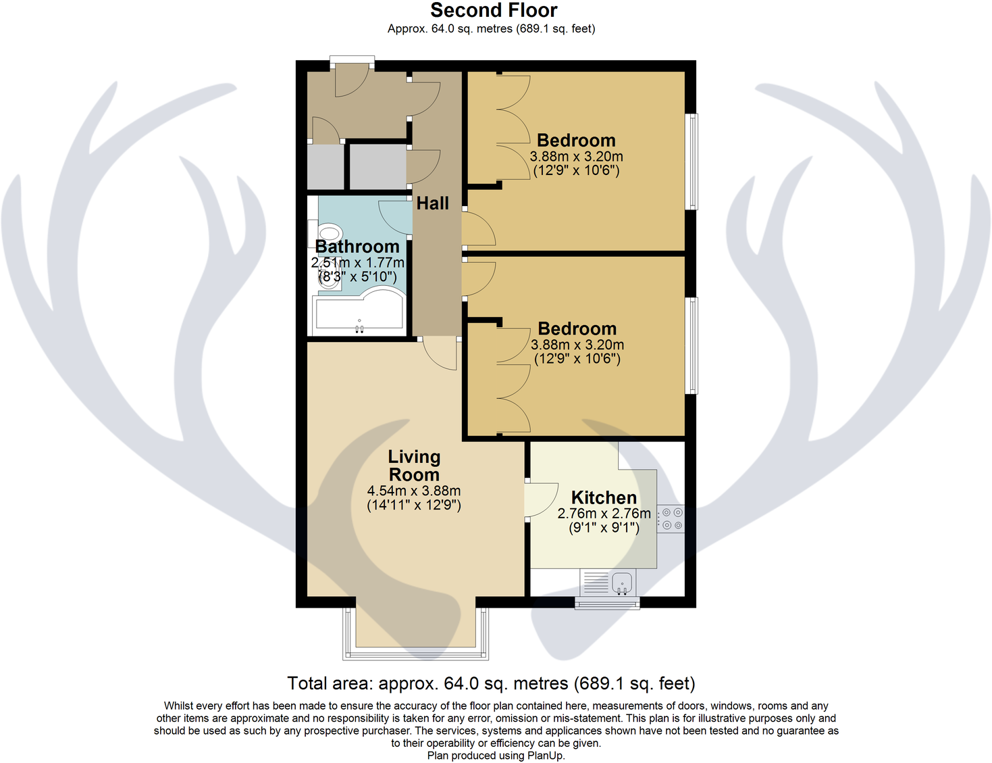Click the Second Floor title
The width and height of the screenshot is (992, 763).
pos(494,10)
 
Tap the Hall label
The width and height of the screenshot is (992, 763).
pos(432,203)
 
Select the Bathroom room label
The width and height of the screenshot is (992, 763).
pos(357,247)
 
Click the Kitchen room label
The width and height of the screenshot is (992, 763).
pos(604,497)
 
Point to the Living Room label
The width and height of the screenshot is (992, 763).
pos(414,466)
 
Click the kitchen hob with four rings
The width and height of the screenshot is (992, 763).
pos(672,519)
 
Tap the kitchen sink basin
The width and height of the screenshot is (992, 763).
pos(621,582)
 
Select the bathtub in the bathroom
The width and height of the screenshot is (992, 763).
pos(359,314)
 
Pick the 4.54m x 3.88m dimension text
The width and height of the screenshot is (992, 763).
pos(414,491)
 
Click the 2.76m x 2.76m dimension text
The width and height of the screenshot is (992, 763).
pos(604,514)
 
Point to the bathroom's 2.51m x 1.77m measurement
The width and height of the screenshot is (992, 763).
pos(357,263)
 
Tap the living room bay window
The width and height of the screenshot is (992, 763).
pos(415,652)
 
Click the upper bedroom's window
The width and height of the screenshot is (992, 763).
pos(691,162)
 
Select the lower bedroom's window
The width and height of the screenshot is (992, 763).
pos(691,345)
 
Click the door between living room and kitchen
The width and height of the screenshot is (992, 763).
pos(540,500)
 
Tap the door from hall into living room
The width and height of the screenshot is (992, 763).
pos(440,353)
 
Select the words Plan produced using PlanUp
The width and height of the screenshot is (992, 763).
pos(496,756)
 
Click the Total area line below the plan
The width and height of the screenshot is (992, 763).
pos(491,683)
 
